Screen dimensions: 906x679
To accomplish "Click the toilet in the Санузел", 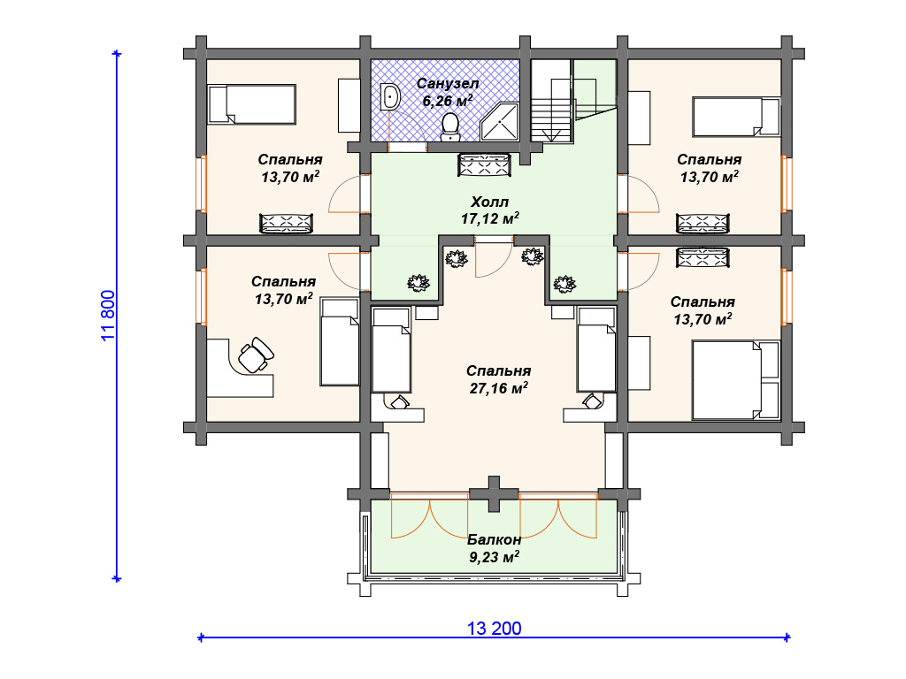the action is (x=449, y=126).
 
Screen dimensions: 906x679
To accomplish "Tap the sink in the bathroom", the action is (x=390, y=97).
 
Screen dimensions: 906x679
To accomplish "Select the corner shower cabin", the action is (x=499, y=121).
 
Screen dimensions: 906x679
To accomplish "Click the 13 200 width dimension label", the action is (x=494, y=629).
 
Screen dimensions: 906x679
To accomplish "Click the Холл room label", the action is (x=489, y=202).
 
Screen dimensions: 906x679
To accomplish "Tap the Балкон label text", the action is (x=494, y=539).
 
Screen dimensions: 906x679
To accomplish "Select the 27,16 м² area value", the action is (x=498, y=388).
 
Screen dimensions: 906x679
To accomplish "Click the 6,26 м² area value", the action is (x=447, y=102).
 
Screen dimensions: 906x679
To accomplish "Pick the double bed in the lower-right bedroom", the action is (x=736, y=380).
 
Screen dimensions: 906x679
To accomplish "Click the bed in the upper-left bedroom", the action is (x=252, y=104).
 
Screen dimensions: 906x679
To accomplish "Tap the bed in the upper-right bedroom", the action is (x=736, y=117).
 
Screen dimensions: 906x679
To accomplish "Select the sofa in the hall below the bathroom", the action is (x=484, y=165).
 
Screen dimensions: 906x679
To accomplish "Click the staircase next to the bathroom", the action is (x=553, y=101).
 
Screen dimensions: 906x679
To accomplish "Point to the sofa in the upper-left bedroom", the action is (x=286, y=224).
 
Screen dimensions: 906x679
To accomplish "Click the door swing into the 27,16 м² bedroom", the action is (x=494, y=259).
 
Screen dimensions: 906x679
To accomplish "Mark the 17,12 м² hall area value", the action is (x=490, y=218).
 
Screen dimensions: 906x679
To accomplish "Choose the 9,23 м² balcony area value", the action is (x=494, y=557).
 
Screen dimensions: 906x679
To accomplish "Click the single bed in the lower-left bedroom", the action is (x=341, y=342).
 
